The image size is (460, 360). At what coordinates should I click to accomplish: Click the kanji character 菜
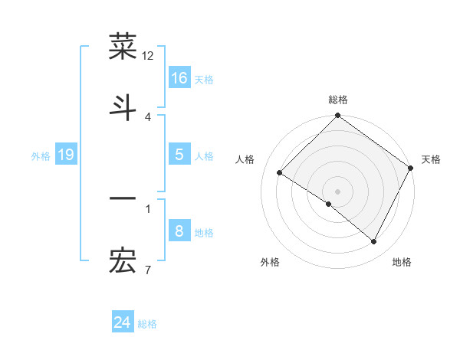pos(123,47)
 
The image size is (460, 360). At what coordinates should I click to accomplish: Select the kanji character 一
pos(123,199)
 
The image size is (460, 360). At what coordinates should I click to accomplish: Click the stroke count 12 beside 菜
pos(148,55)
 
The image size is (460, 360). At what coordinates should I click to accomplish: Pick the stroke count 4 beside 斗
pos(147,116)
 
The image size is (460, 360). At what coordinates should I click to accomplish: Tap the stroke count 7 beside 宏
pos(147,270)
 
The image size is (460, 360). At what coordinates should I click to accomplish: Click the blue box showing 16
pos(179,78)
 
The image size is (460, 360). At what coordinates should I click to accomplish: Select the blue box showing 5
pos(179,155)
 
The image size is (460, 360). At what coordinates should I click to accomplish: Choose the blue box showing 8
pos(179,231)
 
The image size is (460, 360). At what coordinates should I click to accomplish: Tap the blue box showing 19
pos(66,155)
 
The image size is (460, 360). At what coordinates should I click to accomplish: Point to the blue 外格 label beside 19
pos(41,156)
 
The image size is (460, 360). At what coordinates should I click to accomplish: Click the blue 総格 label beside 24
pos(147,324)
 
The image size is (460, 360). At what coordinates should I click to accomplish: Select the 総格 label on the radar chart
pos(338,100)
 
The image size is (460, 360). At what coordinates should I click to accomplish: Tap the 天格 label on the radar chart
pos(431,159)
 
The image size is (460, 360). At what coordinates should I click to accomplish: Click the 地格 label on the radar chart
pos(402,262)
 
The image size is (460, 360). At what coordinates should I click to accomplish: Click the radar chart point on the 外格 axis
pos(329,205)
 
